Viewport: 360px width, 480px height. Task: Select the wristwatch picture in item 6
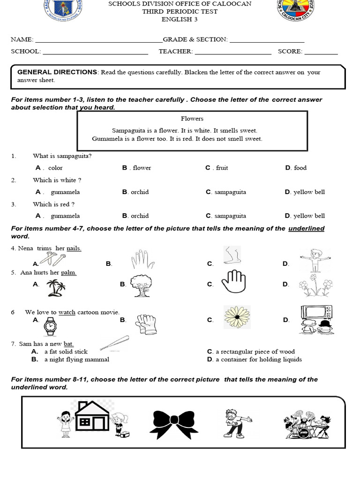click(x=50, y=326)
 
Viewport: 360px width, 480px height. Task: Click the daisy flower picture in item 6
click(x=237, y=316)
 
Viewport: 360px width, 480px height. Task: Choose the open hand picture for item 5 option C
click(x=233, y=282)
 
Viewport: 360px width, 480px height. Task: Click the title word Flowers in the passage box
click(x=192, y=119)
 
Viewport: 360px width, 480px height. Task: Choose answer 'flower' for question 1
click(x=142, y=168)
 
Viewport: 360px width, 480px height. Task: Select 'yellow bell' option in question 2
click(x=309, y=192)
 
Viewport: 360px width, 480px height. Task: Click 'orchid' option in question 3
click(x=140, y=216)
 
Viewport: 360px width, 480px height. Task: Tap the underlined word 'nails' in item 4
click(x=74, y=248)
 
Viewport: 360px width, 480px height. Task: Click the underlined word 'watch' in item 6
click(x=67, y=312)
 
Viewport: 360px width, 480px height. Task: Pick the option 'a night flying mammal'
click(x=77, y=360)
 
